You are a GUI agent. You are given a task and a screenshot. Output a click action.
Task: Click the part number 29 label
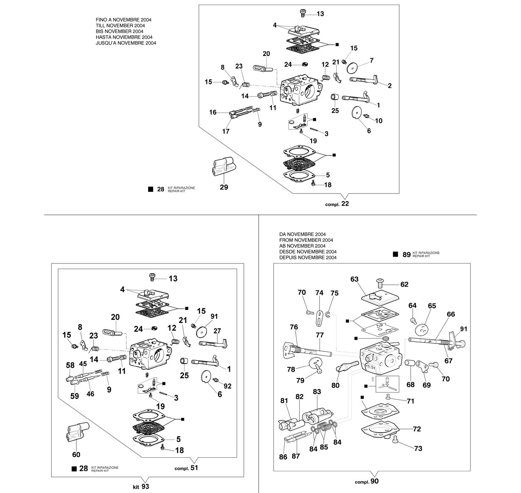pos(224,187)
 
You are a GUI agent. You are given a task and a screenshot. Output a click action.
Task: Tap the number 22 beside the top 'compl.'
pos(345,204)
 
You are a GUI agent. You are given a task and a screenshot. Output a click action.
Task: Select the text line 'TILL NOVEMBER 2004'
pos(120,26)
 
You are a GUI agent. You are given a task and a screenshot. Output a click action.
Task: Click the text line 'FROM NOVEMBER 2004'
pos(306,240)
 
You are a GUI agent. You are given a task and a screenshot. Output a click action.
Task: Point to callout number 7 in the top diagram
pos(372,60)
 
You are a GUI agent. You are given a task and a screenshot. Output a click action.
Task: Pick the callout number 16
pos(213,112)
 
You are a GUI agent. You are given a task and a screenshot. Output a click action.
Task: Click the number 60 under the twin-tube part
pos(76,454)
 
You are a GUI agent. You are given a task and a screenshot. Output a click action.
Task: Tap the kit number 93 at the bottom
pos(145,486)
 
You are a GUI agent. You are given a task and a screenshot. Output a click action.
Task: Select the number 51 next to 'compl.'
pos(194,468)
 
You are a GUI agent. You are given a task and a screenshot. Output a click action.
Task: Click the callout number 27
pos(217,331)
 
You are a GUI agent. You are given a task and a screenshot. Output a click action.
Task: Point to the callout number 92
pos(228,386)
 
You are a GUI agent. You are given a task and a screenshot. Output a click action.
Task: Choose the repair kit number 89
pos(406,255)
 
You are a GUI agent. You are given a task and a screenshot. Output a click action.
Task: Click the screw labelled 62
pos(379,283)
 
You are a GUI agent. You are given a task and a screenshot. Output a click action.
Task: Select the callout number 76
pos(294,327)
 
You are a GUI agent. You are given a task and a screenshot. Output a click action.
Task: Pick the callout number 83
pos(317,392)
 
